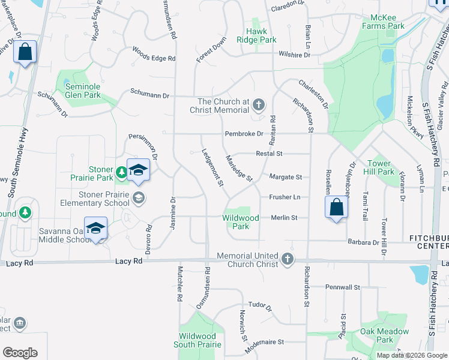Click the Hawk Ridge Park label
point(261,35)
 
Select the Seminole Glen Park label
point(83,91)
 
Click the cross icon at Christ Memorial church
point(258,106)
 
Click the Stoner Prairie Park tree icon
point(122,173)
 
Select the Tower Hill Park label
point(381,167)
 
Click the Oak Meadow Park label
point(384,335)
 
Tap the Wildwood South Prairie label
point(197,340)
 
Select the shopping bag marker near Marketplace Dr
point(25,52)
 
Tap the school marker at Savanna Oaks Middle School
point(95,229)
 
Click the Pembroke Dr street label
point(244,133)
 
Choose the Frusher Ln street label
point(285,197)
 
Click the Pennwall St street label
point(342,287)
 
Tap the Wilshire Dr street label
point(294,55)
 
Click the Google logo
point(20,353)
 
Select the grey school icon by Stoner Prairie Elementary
point(139,197)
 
